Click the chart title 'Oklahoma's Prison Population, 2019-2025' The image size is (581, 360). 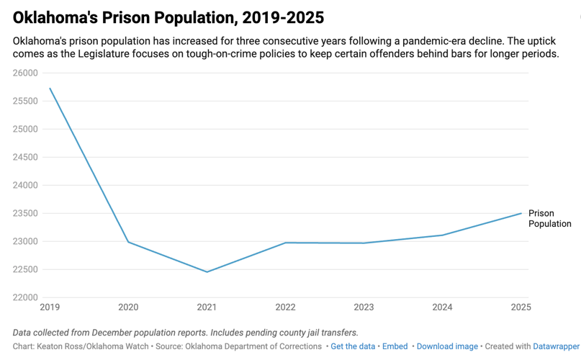pyautogui.click(x=168, y=17)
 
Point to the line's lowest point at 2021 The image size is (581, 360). pyautogui.click(x=207, y=272)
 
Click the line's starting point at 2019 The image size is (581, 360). pyautogui.click(x=50, y=88)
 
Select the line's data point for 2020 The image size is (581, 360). pyautogui.click(x=128, y=242)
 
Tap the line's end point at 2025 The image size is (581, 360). pyautogui.click(x=521, y=213)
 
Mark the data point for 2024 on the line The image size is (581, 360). pyautogui.click(x=442, y=235)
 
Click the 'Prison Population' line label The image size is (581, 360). pyautogui.click(x=549, y=218)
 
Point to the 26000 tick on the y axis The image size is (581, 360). pyautogui.click(x=25, y=73)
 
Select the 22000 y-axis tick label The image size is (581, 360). pyautogui.click(x=25, y=297)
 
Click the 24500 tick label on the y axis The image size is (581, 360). pyautogui.click(x=25, y=157)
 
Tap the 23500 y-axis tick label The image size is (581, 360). pyautogui.click(x=25, y=213)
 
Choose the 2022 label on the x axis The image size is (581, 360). pyautogui.click(x=285, y=307)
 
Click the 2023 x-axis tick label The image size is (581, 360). pyautogui.click(x=364, y=307)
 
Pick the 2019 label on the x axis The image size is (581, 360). pyautogui.click(x=50, y=307)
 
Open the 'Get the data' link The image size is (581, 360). pyautogui.click(x=353, y=346)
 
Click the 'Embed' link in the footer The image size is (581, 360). pyautogui.click(x=395, y=346)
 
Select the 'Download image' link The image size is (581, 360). pyautogui.click(x=447, y=346)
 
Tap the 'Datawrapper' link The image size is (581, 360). pyautogui.click(x=557, y=346)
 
